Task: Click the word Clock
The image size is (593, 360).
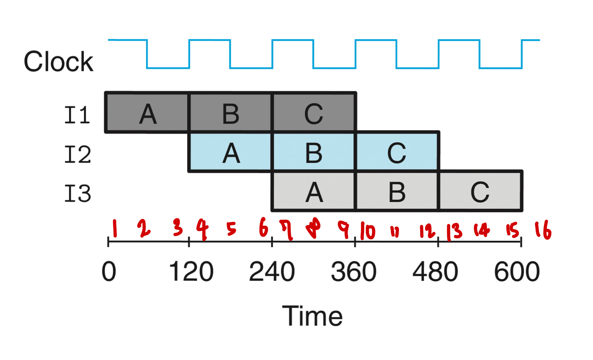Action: tap(58, 62)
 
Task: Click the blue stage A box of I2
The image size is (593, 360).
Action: tap(230, 152)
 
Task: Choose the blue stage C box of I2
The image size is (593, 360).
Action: tap(397, 152)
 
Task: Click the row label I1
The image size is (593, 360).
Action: tap(77, 115)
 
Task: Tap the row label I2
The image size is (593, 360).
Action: tap(77, 154)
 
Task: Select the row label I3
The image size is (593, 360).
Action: tap(77, 194)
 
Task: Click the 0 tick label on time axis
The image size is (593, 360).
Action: tap(109, 271)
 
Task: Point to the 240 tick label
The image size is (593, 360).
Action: tap(272, 271)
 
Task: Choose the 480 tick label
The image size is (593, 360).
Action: tap(435, 271)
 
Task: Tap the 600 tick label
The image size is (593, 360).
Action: tap(517, 271)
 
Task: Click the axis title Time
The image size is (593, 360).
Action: tap(312, 316)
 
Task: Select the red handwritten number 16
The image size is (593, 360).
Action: tap(543, 230)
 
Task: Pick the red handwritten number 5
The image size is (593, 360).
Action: tap(231, 229)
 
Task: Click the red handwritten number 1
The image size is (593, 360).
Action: tap(115, 228)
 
